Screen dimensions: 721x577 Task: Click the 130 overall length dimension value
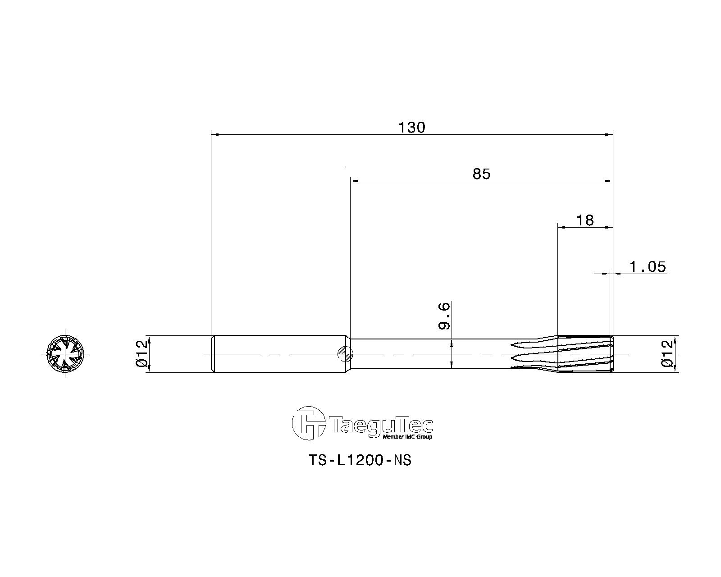412,128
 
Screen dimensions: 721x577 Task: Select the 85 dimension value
481,174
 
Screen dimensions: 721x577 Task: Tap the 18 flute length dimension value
584,220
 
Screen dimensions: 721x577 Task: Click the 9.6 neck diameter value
445,316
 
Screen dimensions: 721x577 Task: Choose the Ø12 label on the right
668,353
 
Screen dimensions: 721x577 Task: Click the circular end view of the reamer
65,354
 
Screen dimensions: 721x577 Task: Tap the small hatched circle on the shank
345,354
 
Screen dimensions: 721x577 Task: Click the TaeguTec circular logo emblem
308,423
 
